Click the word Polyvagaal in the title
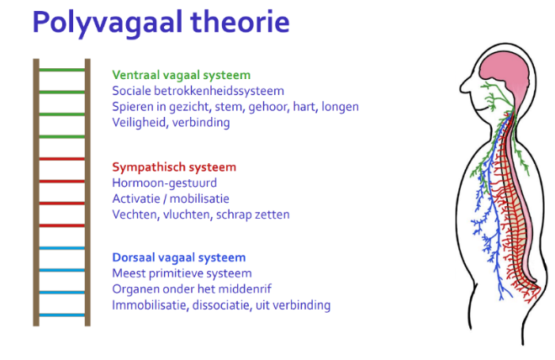tap(108, 23)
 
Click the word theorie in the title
tap(240, 22)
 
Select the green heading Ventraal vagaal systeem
tap(182, 76)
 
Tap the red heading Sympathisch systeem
tap(174, 167)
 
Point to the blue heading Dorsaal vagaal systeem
tap(179, 257)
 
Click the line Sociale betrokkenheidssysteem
tap(198, 91)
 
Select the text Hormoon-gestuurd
tap(164, 183)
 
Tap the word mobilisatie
tap(199, 199)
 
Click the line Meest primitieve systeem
tap(182, 273)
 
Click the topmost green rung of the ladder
tap(62, 70)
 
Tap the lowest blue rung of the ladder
tap(62, 315)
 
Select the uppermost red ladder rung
tap(62, 159)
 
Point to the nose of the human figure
tap(464, 87)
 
